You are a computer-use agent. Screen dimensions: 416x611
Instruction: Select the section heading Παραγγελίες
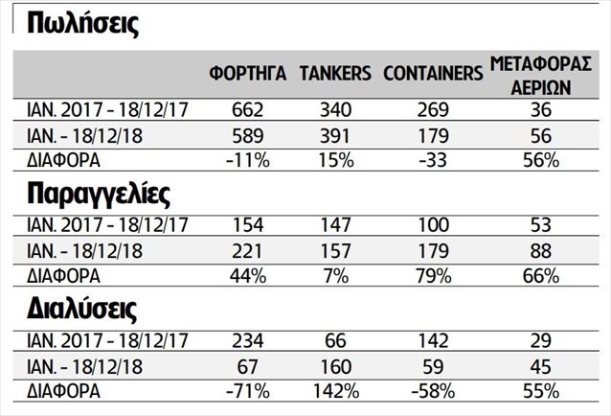point(99,196)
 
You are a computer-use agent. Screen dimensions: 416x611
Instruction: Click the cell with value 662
point(247,111)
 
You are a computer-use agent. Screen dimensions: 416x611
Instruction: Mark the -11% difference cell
point(247,160)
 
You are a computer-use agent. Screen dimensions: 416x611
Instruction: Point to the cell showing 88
point(547,251)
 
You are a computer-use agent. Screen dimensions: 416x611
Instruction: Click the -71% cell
point(247,391)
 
